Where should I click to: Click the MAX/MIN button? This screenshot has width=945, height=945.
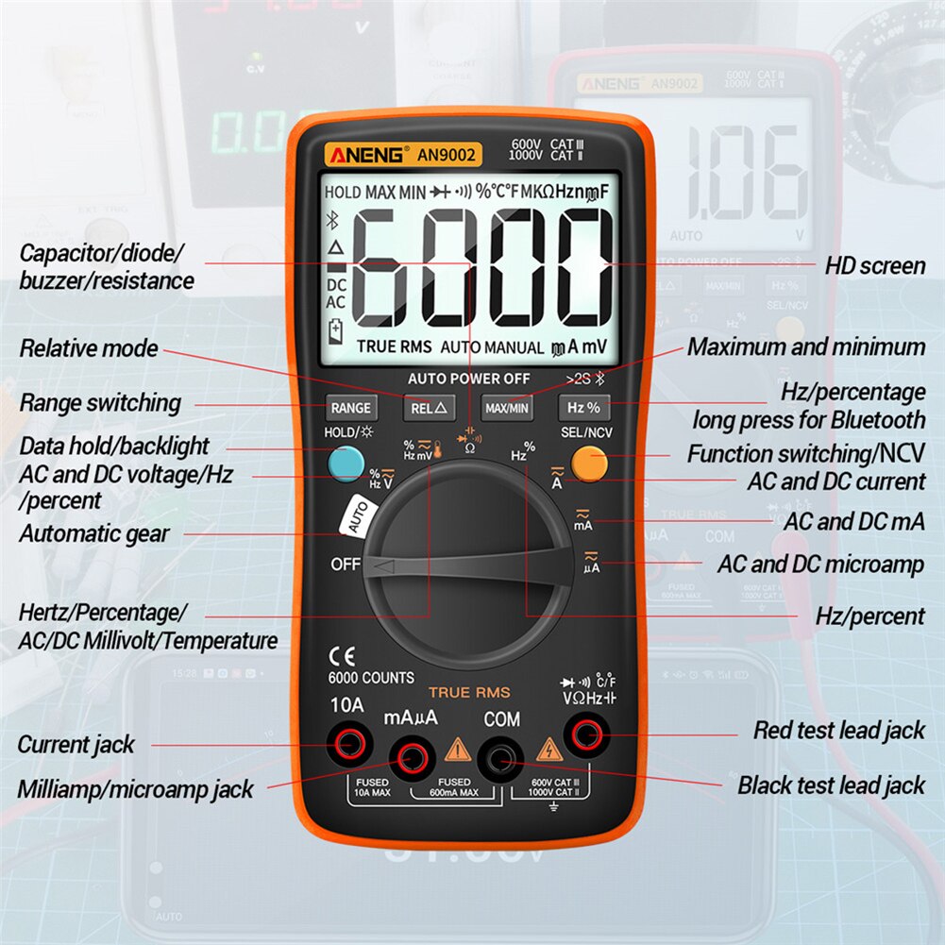click(507, 409)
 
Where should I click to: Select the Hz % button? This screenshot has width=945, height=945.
click(584, 409)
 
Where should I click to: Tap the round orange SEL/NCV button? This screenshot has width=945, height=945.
click(589, 463)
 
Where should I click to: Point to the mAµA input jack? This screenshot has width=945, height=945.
click(411, 755)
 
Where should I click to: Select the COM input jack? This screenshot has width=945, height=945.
click(500, 755)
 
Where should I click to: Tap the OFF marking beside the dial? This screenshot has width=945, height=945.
click(346, 565)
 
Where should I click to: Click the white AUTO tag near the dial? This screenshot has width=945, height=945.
click(355, 517)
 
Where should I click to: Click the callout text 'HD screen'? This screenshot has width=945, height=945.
click(875, 266)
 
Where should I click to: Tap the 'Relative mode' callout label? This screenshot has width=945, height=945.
click(89, 348)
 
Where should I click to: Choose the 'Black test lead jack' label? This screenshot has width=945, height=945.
click(832, 785)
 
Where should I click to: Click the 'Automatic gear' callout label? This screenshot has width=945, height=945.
click(94, 533)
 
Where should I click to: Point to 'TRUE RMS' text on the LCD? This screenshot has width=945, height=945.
click(394, 347)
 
